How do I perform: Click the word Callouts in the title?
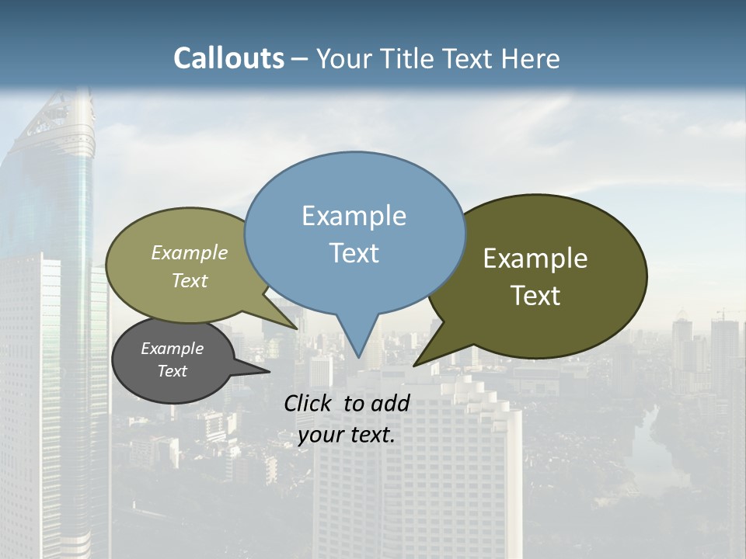click(x=228, y=58)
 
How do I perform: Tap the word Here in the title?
click(x=531, y=58)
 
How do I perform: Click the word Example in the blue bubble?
click(x=354, y=216)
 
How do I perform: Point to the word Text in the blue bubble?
click(x=354, y=253)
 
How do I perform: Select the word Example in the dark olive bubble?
click(x=535, y=259)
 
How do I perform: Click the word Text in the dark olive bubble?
click(x=535, y=296)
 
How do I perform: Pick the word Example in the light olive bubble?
click(x=190, y=252)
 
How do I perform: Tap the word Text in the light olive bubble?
click(x=190, y=280)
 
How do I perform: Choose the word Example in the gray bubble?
click(x=172, y=349)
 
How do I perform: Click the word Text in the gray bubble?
click(x=172, y=371)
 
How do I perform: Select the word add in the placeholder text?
click(x=389, y=403)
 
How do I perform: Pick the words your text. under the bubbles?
click(x=347, y=435)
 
